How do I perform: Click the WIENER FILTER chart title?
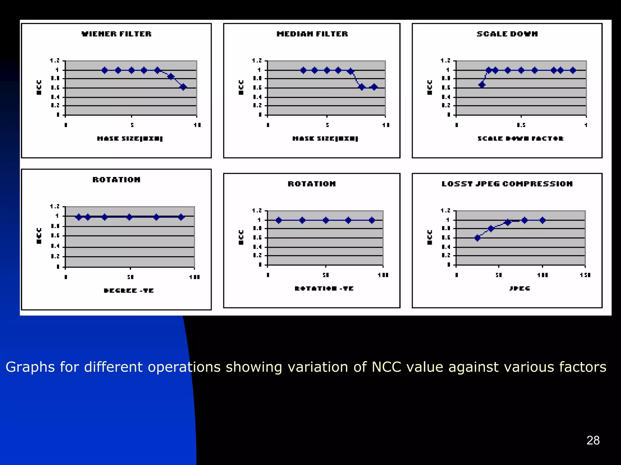116,34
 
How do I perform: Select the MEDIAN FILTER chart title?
312,34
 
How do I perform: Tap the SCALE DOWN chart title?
507,34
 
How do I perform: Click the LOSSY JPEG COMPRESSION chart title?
507,184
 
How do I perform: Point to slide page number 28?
593,440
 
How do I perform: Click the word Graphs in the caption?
30,367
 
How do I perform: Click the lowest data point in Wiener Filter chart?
183,87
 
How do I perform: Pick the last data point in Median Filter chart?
374,87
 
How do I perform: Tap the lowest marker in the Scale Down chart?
482,85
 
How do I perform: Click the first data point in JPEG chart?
478,238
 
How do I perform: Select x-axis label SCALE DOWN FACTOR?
520,139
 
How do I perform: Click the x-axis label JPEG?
519,288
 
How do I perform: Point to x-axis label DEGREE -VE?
129,290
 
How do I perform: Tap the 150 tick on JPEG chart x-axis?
585,275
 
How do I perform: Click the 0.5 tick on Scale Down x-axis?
521,125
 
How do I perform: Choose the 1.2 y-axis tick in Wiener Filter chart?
55,61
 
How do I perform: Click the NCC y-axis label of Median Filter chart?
241,87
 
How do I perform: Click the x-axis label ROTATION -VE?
324,288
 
